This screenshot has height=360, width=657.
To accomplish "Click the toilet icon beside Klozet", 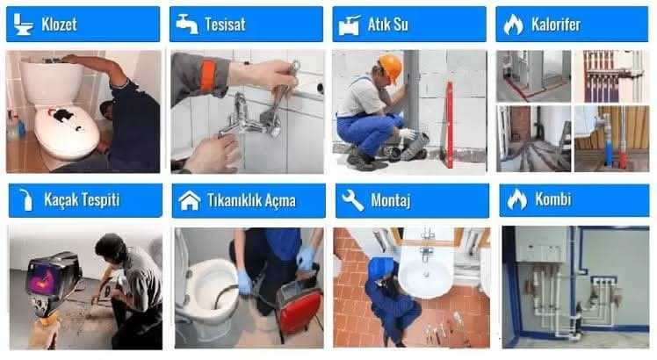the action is [x=23, y=24].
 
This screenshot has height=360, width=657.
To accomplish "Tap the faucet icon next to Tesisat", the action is [x=187, y=24].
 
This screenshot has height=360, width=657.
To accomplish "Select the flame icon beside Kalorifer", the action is [x=513, y=25].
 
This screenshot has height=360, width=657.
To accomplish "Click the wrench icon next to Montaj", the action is [x=352, y=200].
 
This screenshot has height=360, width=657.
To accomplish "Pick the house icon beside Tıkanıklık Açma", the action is [x=190, y=200].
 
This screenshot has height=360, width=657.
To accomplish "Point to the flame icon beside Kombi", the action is [x=517, y=199].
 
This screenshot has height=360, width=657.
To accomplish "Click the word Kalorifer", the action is [x=556, y=25].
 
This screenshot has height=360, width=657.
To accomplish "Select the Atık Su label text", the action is [x=387, y=25].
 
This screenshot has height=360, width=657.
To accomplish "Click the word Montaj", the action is [x=391, y=200].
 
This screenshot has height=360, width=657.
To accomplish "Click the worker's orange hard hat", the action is [x=391, y=66].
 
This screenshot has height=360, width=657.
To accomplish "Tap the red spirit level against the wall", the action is [x=449, y=125].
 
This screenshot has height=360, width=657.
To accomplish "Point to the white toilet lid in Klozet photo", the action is [x=67, y=131].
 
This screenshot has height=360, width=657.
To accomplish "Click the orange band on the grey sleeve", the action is [x=208, y=76].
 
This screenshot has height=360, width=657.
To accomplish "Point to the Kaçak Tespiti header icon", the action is [x=26, y=200].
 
